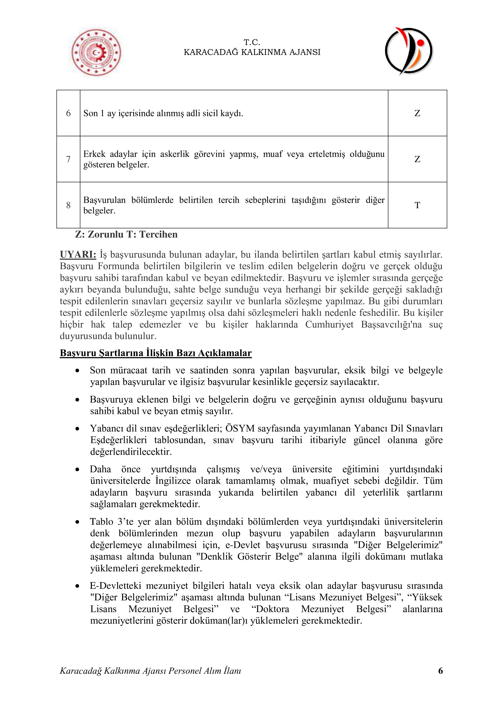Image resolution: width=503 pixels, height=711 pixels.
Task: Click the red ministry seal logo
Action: tap(96, 53)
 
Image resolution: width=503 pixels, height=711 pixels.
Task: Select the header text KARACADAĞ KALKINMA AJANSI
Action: tap(252, 52)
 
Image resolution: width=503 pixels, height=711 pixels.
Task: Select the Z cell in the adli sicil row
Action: tap(417, 113)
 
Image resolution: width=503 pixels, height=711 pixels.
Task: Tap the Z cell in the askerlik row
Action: tap(417, 159)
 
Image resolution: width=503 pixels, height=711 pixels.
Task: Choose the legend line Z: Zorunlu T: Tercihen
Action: tap(126, 235)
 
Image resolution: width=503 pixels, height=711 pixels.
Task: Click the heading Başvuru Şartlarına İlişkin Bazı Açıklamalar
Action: tap(156, 353)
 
